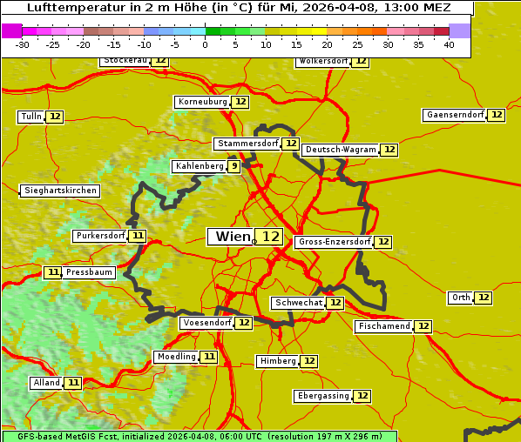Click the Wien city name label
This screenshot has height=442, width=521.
point(232,237)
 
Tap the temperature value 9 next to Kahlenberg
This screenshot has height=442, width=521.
point(234,166)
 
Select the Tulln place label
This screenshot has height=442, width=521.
point(30,117)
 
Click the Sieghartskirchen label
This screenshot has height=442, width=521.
point(60,191)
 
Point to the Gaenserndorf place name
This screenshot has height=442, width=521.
point(454,115)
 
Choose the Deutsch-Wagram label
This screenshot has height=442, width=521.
point(341,150)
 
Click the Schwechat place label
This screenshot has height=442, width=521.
point(298,303)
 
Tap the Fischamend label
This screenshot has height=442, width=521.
point(383,326)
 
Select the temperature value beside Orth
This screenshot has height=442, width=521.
point(484,298)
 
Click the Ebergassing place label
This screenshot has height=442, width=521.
point(322,396)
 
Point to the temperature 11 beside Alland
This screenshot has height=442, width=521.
point(73,383)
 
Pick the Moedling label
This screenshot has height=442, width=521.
point(176,357)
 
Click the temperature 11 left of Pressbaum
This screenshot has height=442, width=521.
point(53,272)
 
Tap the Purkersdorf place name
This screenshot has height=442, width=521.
point(100,236)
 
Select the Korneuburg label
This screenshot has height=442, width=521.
point(202,102)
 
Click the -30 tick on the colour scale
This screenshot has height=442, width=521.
point(22,44)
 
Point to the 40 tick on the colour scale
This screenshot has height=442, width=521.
point(449,44)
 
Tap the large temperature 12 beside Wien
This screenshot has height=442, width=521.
point(271,237)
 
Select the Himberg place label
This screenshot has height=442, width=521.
point(278,361)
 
